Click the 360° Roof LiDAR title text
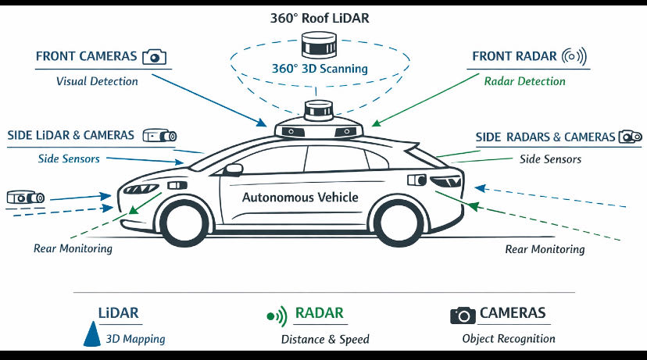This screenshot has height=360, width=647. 320,18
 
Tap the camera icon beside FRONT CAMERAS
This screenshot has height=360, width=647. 154,57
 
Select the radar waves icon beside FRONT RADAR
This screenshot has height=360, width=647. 574,56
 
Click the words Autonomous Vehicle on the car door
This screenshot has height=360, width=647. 300,197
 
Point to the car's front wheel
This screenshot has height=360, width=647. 184,223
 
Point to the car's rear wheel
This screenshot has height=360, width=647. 399,223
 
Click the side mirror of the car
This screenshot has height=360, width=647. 233,169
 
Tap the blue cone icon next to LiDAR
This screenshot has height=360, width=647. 92,334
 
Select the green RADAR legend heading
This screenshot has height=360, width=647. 320,313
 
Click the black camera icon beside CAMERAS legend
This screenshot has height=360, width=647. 463,315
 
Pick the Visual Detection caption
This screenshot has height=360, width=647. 97,81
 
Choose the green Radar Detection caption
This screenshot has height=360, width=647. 524,81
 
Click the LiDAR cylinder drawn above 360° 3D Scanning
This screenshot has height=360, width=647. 320,45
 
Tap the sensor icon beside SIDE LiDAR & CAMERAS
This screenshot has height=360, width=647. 159,135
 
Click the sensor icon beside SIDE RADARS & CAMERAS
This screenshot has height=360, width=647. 630,137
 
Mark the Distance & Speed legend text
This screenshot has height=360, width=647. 325,340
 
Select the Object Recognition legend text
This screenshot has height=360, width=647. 509,339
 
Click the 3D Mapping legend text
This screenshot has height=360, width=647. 136,339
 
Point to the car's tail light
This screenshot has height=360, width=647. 445,181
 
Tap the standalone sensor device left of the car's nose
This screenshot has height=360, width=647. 26,198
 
